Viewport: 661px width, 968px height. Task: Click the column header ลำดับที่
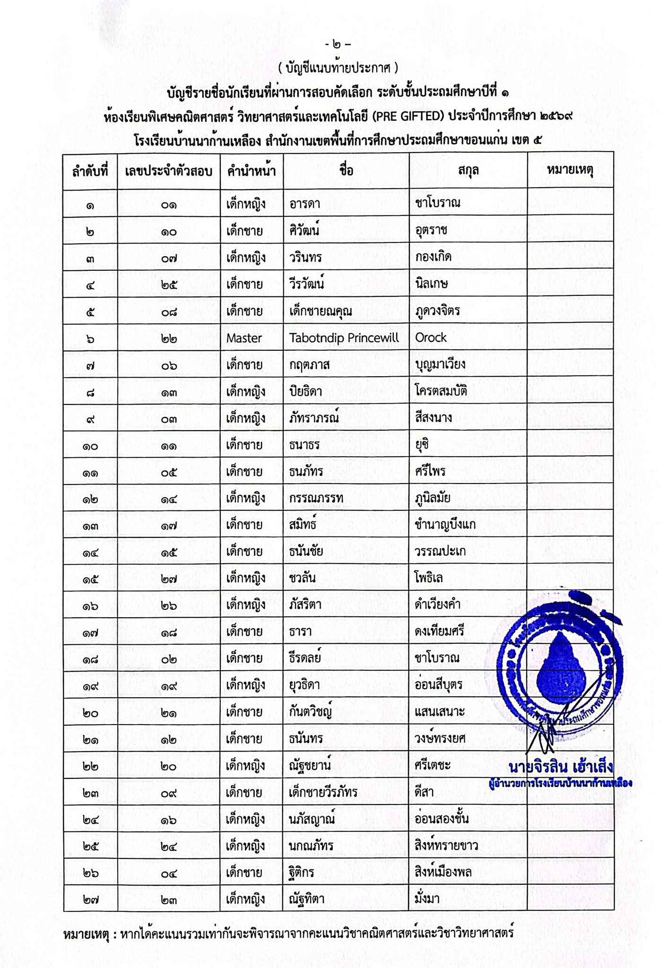[90, 171]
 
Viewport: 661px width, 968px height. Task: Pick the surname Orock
[431, 338]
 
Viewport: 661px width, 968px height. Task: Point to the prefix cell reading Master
[244, 338]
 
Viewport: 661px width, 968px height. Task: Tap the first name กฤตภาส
[309, 364]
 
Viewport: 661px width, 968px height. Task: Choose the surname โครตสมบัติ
[441, 391]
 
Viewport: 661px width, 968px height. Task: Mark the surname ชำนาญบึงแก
[445, 525]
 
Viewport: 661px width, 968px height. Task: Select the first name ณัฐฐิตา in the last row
[310, 898]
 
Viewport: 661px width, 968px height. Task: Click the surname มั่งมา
[427, 898]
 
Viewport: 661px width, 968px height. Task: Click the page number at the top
[338, 46]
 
